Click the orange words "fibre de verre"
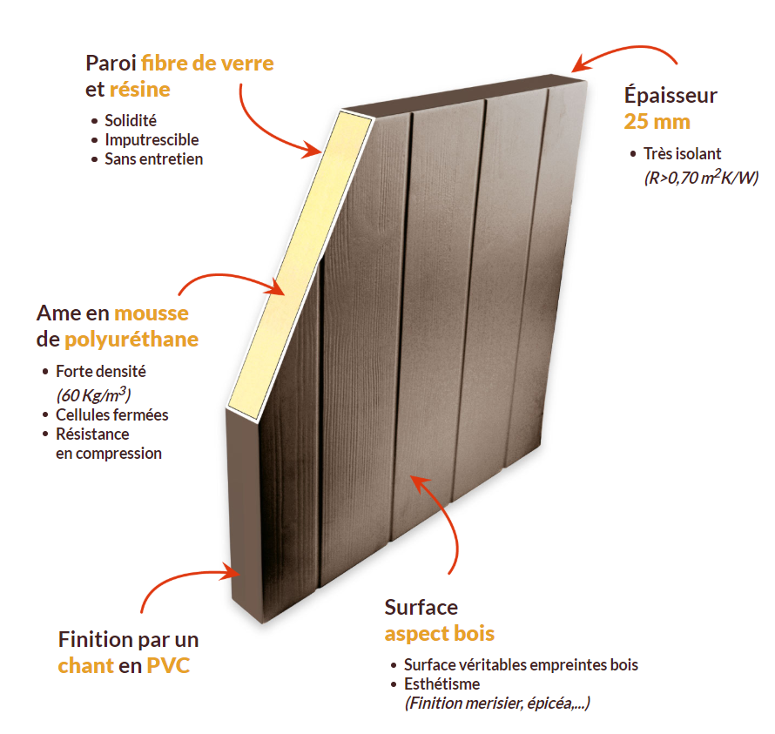pos(207,64)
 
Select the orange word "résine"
pos(140,90)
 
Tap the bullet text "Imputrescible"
pos(152,140)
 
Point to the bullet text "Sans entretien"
pos(154,159)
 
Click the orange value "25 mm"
pos(657,122)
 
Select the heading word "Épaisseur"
pos(671,95)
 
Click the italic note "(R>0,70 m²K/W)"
pos(701,177)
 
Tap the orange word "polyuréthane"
pos(131,340)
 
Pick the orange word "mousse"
pos(152,313)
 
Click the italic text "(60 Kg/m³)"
pos(93,394)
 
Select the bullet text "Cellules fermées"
pos(111,414)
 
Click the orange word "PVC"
pos(168,666)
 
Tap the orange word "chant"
pos(86,666)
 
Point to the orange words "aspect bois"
pos(440,634)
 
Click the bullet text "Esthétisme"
pos(441,684)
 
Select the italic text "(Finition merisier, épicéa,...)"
pos(497,703)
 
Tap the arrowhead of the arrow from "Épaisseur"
pos(578,64)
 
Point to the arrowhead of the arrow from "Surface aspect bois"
pos(418,483)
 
